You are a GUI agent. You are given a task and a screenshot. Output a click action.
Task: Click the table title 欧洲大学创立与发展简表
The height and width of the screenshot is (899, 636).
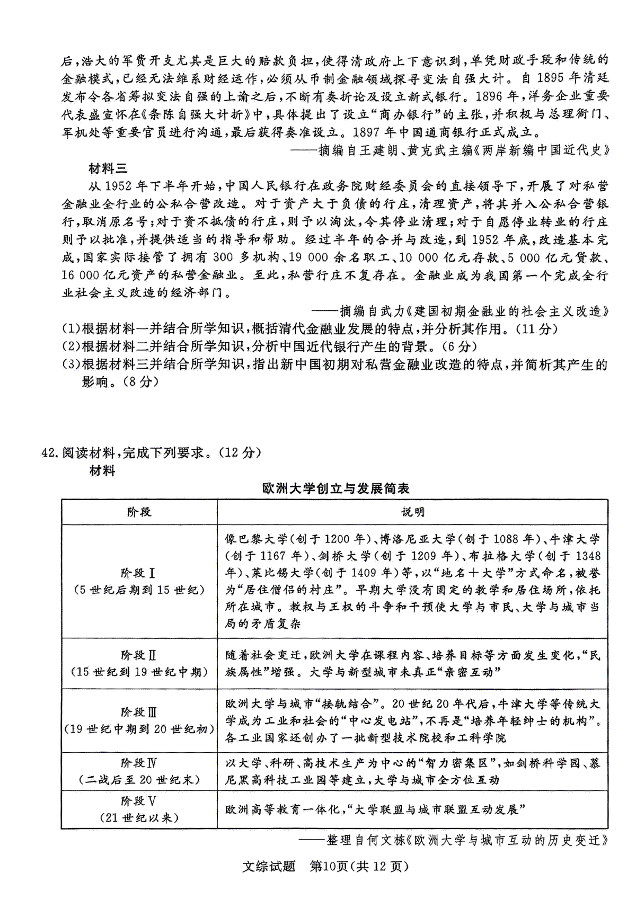[335, 488]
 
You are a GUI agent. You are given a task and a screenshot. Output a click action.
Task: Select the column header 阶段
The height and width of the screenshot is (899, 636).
[139, 512]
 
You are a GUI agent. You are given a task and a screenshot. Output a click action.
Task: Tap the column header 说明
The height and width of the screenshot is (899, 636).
[412, 512]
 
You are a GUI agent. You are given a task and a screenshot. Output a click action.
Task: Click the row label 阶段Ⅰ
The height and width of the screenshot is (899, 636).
[138, 573]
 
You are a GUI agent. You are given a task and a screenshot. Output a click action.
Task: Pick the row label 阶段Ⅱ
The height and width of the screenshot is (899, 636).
[138, 655]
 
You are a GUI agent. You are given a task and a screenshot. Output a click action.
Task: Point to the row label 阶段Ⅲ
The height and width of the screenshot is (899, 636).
[138, 712]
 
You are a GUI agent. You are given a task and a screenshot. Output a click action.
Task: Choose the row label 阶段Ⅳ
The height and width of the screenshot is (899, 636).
[138, 763]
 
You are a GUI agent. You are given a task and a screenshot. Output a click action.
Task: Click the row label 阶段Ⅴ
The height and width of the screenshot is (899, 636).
[138, 801]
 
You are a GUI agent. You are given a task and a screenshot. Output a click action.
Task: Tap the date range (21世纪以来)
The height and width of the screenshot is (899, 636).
[138, 817]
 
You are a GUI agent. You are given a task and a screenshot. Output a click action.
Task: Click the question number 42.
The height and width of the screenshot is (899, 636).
[50, 452]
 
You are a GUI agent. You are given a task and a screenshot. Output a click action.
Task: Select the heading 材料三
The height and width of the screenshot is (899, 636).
[108, 168]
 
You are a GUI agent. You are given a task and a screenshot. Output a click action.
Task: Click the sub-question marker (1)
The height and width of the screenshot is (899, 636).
[71, 329]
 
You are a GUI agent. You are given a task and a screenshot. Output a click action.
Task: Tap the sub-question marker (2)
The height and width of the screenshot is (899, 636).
[71, 346]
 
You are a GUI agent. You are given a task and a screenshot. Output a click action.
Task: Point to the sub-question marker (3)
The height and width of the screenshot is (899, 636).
[71, 364]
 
